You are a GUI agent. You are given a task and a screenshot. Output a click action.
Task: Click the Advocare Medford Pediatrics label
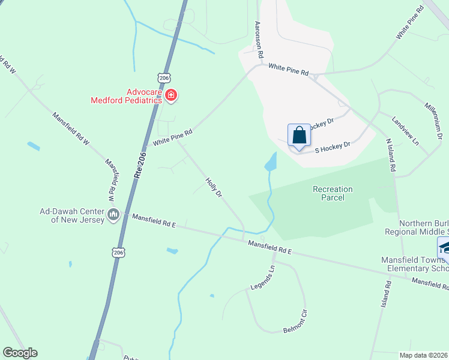point(126,96)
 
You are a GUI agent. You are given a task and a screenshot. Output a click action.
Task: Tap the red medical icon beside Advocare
point(171,95)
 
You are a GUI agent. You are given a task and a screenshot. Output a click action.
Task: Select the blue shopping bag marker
point(300,136)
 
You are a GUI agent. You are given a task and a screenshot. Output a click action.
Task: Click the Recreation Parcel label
point(333,193)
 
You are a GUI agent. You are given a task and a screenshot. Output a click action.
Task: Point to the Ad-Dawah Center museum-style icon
point(113,214)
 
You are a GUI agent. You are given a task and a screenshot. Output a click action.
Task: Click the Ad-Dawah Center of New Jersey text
point(72,215)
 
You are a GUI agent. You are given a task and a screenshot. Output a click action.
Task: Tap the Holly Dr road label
point(214,187)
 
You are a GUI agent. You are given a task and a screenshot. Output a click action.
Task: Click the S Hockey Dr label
point(332,146)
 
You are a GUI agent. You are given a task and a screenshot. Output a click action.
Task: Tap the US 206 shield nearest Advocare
point(166,77)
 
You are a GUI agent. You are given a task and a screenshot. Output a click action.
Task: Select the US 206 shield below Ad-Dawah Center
point(118,253)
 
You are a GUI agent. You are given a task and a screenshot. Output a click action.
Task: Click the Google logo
point(20,353)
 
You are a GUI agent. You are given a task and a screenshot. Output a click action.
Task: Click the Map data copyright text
point(424,355)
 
